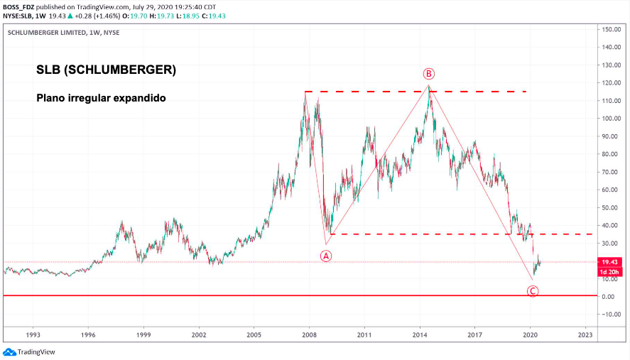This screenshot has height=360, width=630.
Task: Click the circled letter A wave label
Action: point(326,256)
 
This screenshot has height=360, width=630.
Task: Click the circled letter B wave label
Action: point(428,73)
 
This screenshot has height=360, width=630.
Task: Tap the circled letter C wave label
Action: point(533,290)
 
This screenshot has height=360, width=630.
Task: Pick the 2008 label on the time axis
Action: point(309,333)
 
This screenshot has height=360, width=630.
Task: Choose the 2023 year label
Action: point(585,333)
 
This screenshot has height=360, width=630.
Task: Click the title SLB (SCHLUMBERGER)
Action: point(106,71)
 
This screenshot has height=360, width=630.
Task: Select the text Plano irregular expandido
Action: point(101,98)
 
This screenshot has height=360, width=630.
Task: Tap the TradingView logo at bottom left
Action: point(29,351)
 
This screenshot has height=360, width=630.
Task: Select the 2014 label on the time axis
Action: point(420,333)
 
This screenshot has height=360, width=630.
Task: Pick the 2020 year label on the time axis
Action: point(530,333)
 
